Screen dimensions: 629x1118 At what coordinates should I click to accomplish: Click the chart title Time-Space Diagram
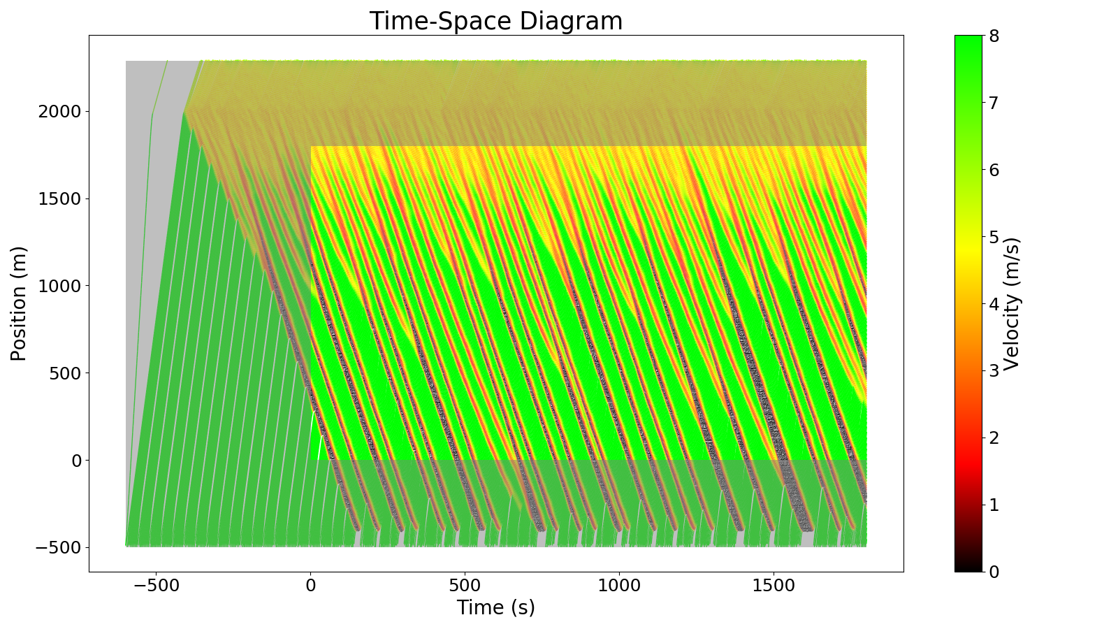[495, 21]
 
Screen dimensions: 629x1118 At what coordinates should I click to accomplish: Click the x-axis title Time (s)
[495, 607]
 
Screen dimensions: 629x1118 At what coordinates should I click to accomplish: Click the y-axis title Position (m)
[19, 303]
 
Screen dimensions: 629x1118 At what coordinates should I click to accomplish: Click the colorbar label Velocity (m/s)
[1011, 303]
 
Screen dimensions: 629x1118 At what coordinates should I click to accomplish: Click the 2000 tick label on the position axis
[61, 112]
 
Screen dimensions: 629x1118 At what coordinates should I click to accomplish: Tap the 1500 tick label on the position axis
[61, 199]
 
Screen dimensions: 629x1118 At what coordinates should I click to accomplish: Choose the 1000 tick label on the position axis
[61, 286]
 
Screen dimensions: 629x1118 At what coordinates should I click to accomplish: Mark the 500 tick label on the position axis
[66, 373]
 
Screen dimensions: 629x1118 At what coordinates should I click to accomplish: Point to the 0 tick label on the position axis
[77, 461]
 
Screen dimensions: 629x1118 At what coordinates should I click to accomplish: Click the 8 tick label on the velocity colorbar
[993, 36]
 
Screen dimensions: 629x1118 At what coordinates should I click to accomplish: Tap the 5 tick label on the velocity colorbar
[993, 237]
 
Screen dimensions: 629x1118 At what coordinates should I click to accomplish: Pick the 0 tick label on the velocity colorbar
[993, 572]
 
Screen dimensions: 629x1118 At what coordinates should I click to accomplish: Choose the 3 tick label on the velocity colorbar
[993, 370]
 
